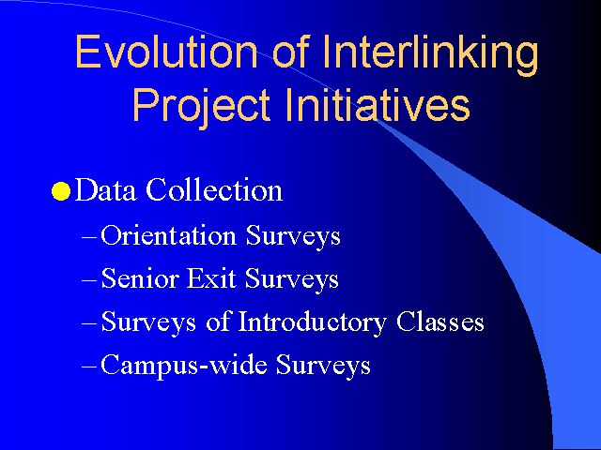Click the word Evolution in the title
(x=166, y=52)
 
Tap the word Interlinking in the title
(x=430, y=55)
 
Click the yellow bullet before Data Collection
(x=61, y=191)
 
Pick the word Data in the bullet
(x=105, y=189)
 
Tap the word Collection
(x=214, y=189)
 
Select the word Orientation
(x=169, y=235)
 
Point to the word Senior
(x=140, y=278)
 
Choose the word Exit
(x=211, y=278)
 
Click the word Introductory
(x=313, y=322)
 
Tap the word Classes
(x=440, y=321)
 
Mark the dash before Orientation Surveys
(x=89, y=237)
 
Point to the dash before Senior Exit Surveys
(x=89, y=281)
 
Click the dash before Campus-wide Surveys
(x=89, y=367)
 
